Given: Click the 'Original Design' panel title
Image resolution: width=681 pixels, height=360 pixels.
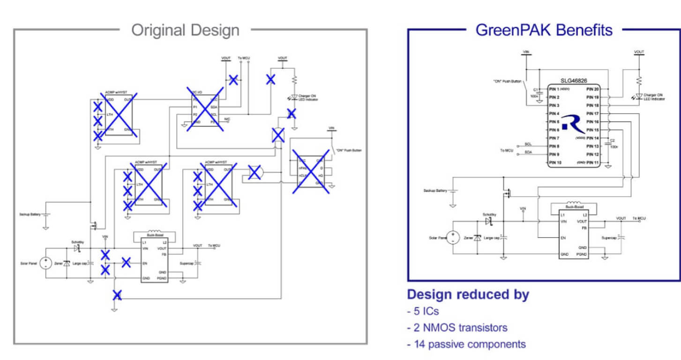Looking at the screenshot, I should [185, 30].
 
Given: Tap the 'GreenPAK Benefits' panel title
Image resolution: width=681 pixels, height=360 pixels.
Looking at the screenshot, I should [544, 30].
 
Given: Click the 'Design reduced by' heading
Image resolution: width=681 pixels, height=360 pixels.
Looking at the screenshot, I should [468, 295].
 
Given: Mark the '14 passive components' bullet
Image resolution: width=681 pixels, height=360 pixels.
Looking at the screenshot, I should [466, 345].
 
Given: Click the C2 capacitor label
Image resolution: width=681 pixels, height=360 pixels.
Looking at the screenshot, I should [611, 140].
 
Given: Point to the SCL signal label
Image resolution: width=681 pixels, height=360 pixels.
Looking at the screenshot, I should [528, 144].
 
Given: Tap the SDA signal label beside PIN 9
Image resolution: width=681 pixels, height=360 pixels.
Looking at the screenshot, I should [528, 152].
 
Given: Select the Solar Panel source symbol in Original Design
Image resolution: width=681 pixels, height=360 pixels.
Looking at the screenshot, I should [46, 263].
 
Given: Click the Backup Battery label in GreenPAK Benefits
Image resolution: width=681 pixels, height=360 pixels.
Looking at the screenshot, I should [435, 191].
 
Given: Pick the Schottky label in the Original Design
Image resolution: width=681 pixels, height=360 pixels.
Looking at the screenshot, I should [77, 242].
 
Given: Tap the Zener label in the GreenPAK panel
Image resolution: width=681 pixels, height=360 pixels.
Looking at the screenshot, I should [468, 238].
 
